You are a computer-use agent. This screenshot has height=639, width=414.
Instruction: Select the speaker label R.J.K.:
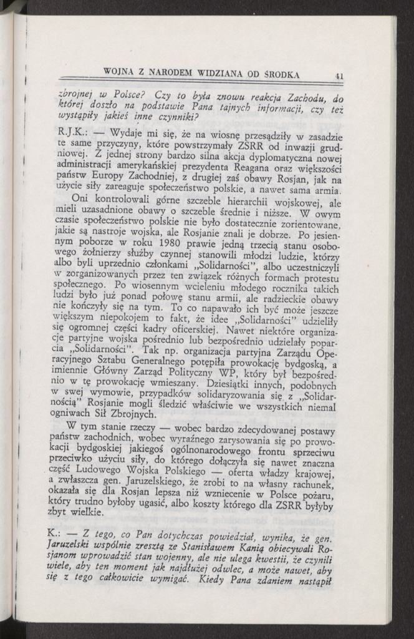coord(70,132)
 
